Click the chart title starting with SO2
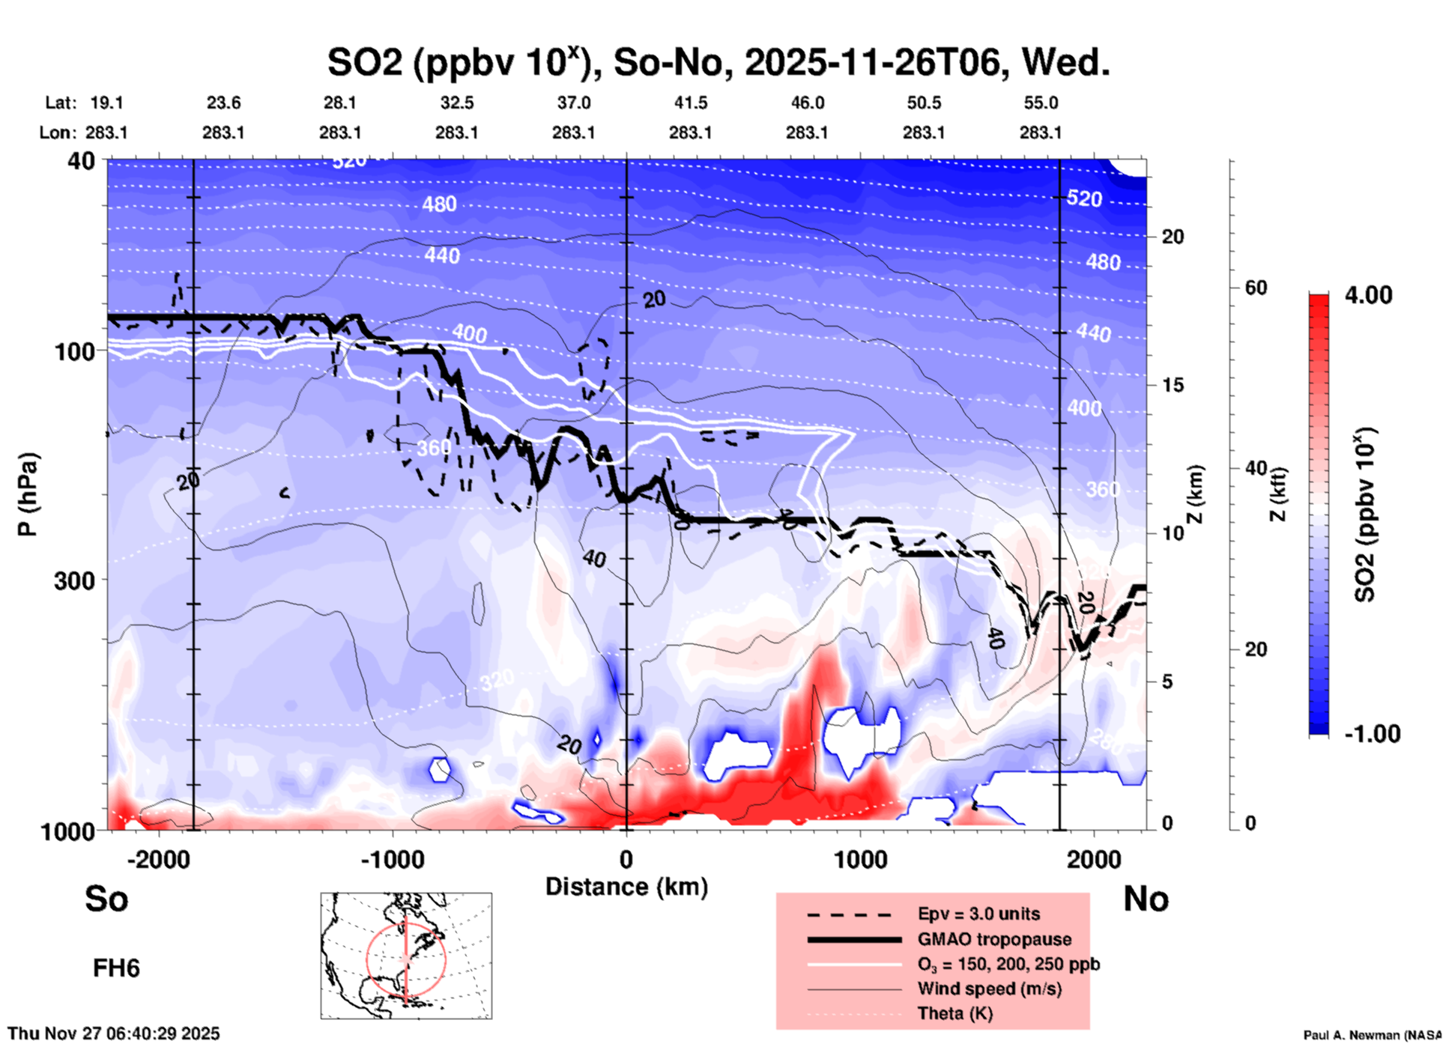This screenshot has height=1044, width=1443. tap(718, 63)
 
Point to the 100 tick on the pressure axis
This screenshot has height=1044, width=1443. tap(75, 350)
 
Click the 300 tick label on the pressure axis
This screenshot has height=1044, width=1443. tap(75, 580)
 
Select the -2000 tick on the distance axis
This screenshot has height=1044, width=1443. tap(158, 859)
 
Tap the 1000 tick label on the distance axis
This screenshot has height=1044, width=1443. tap(860, 859)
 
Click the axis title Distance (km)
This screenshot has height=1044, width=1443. tap(626, 887)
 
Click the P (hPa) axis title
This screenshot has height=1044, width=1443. tap(28, 494)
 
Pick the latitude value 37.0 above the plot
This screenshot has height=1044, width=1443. tap(573, 103)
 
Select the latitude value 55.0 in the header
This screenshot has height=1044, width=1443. tap(1040, 103)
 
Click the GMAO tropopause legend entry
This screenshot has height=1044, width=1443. tap(994, 939)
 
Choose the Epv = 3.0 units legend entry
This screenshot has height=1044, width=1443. tap(978, 914)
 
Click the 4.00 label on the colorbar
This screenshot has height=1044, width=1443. tap(1368, 295)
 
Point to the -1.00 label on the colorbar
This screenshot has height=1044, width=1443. tap(1371, 733)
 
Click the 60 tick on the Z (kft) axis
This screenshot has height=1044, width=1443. tap(1256, 288)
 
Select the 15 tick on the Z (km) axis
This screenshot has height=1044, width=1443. tap(1173, 385)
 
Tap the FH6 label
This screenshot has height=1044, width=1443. tap(116, 968)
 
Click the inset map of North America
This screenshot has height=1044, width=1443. tap(406, 955)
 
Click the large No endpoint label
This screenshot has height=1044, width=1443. tap(1146, 899)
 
